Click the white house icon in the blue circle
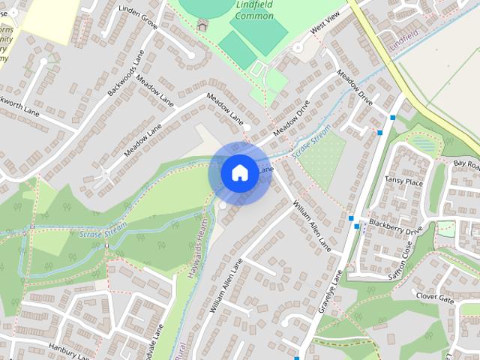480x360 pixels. point(238,172)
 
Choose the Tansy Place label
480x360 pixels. point(403,182)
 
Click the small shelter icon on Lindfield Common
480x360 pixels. point(201,24)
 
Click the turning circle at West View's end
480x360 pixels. point(298,48)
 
